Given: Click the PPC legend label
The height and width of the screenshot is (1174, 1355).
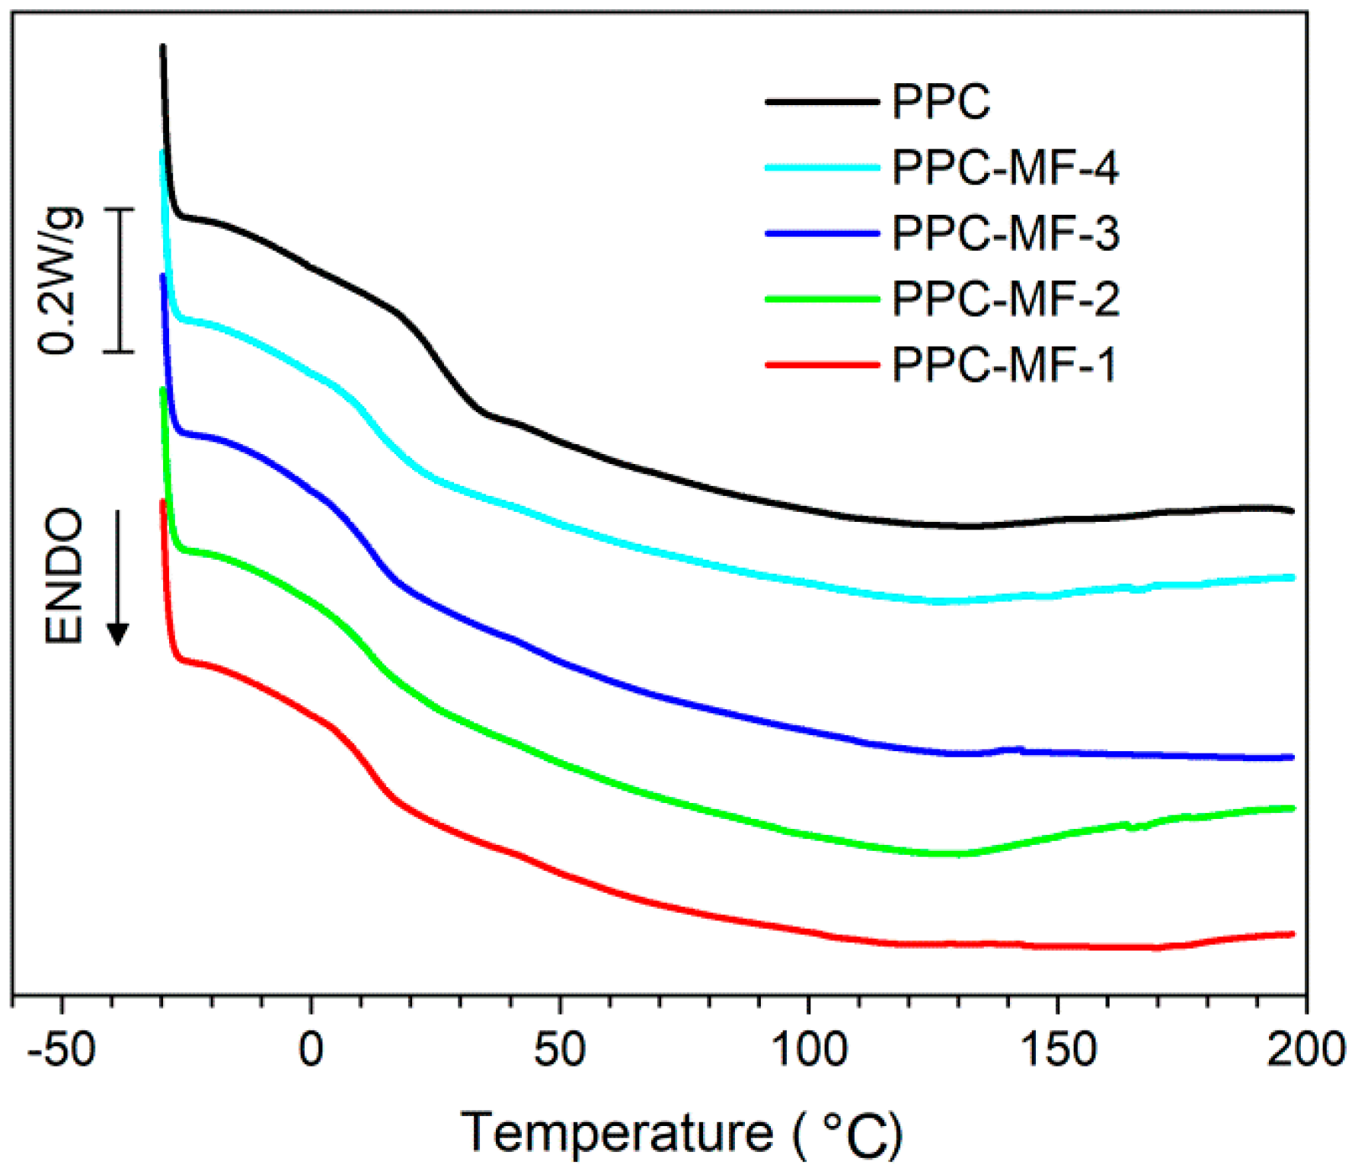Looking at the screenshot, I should click(941, 101).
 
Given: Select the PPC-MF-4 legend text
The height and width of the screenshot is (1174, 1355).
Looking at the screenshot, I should click(1005, 168).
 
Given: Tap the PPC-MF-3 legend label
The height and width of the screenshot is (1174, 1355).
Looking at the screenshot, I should click(1005, 233).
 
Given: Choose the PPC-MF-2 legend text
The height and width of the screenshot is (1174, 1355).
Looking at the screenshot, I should click(1005, 299).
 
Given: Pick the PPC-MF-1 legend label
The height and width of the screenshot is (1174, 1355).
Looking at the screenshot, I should click(1004, 365).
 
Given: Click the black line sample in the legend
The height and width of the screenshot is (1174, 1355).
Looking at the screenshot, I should click(823, 101).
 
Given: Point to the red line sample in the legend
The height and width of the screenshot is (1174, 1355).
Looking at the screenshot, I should click(823, 365).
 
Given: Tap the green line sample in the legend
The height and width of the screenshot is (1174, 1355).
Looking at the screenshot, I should click(823, 299).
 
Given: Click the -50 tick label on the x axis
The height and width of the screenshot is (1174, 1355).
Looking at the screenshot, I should click(62, 1050).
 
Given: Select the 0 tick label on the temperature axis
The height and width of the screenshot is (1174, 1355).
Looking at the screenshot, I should click(311, 1050).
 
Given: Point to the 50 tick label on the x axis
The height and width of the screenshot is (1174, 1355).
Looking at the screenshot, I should click(560, 1050).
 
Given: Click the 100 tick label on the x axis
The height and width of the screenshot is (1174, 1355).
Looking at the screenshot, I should click(809, 1050).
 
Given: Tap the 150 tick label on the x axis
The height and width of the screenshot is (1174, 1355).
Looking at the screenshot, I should click(1058, 1050).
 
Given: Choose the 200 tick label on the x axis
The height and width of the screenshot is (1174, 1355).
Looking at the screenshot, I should click(1305, 1050).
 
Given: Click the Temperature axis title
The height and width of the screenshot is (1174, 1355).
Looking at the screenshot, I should click(682, 1133).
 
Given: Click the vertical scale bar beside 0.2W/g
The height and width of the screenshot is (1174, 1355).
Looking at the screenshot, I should click(119, 280).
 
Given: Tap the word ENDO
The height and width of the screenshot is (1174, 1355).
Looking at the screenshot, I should click(64, 577).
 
